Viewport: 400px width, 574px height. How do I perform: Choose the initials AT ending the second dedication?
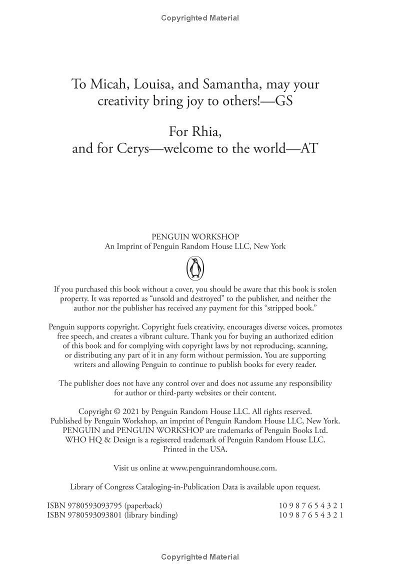coord(308,148)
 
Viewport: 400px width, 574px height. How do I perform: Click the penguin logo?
coord(195,268)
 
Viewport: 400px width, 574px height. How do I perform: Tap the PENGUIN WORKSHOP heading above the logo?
coord(195,236)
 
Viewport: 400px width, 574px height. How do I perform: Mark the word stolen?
coord(325,289)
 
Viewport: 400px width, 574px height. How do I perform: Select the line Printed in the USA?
coord(195,449)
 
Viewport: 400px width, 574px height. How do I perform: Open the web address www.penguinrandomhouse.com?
coord(223,468)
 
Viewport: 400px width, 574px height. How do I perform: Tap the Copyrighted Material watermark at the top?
coord(200,18)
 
